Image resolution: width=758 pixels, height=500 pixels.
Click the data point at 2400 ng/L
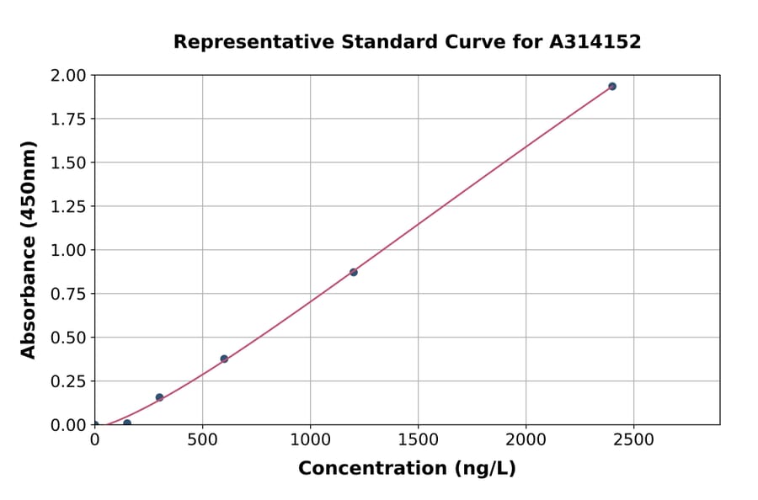tap(612, 87)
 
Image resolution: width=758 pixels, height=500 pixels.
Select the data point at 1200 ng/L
tap(354, 272)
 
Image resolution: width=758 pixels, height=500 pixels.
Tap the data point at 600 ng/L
tap(224, 359)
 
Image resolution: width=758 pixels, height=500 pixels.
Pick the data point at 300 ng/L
tap(159, 397)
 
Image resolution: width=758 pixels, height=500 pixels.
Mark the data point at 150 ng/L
tap(127, 423)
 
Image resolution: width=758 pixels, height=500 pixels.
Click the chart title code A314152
tap(597, 42)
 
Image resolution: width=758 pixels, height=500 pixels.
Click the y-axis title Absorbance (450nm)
tap(29, 250)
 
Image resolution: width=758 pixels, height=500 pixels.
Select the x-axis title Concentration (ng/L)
tap(407, 469)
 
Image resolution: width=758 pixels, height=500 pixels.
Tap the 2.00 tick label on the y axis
tap(69, 76)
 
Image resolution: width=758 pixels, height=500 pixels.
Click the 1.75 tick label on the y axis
tap(69, 120)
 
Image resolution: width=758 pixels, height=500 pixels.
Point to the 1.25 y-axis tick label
tap(69, 207)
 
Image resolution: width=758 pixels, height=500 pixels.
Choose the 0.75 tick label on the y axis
tap(69, 295)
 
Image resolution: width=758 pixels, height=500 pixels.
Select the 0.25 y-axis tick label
tap(69, 381)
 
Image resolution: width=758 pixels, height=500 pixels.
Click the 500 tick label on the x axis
tap(202, 440)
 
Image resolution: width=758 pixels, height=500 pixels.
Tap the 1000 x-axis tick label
tap(310, 440)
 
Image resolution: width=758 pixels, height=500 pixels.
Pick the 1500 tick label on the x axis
tap(419, 440)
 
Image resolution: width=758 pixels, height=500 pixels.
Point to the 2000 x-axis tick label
tap(526, 440)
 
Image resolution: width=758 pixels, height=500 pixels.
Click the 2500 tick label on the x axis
tap(634, 440)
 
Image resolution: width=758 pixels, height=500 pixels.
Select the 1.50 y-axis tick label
tap(69, 163)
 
